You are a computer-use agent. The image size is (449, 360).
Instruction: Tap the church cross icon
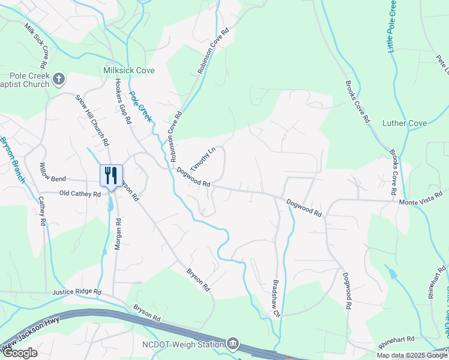(x=59, y=79)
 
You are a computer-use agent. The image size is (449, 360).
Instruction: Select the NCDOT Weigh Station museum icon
(x=232, y=344)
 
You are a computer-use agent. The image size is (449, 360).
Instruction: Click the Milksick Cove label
(x=129, y=70)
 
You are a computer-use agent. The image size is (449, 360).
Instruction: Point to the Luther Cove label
(x=405, y=124)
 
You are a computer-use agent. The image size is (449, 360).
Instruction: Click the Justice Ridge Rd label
(x=76, y=292)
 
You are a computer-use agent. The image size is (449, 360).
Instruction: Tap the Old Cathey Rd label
(x=80, y=194)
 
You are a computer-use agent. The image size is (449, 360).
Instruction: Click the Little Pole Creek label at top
(x=392, y=26)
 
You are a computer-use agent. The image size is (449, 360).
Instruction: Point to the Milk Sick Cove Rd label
(x=37, y=47)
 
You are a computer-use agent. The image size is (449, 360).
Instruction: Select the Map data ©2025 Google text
(x=412, y=355)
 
